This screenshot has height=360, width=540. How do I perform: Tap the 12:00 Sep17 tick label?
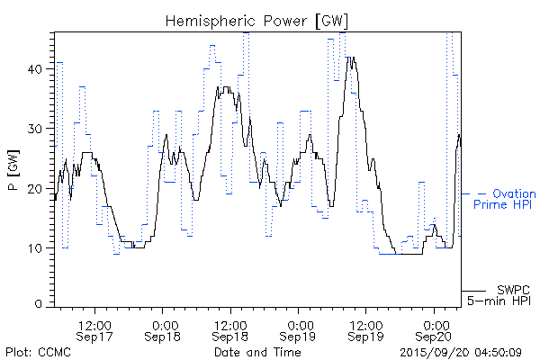tap(94, 329)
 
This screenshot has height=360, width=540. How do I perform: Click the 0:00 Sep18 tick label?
tap(163, 329)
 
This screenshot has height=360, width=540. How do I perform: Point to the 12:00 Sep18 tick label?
tap(230, 329)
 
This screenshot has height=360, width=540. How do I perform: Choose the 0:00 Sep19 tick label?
tap(299, 329)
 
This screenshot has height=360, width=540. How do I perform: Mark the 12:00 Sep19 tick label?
tap(366, 329)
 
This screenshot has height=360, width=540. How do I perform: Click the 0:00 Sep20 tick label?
tap(435, 329)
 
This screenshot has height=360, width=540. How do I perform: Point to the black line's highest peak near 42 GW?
tap(351, 58)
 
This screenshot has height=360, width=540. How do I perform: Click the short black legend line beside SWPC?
tap(474, 291)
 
